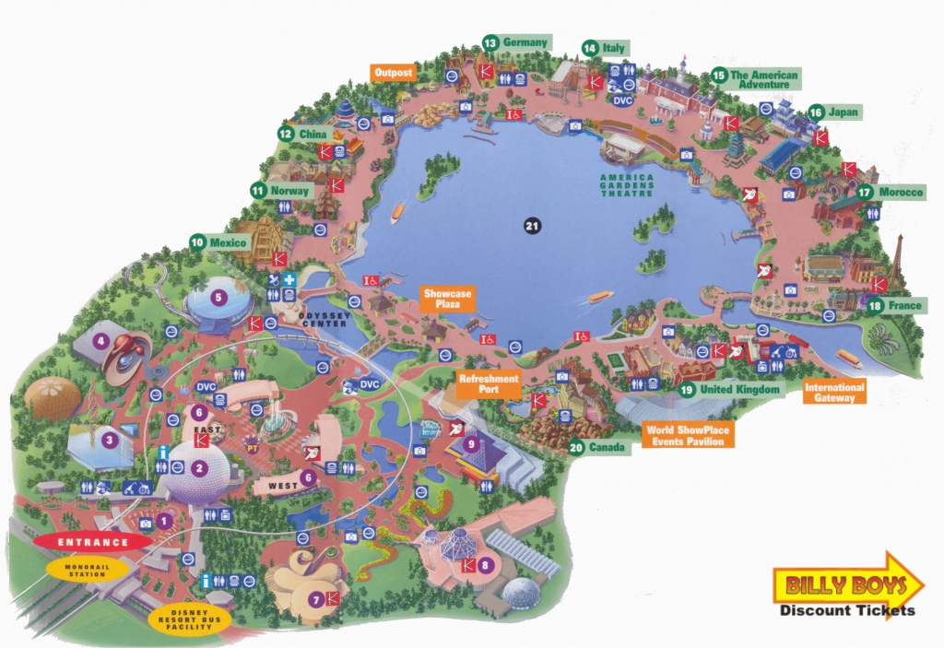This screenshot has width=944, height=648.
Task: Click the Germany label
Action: click(x=525, y=42)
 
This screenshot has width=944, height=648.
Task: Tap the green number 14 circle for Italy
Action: click(x=589, y=47)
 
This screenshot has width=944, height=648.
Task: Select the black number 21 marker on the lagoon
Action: click(x=530, y=225)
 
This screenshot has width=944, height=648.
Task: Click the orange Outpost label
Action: click(x=393, y=72)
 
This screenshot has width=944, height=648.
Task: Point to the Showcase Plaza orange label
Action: click(x=448, y=300)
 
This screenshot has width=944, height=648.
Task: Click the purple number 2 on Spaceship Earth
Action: click(x=198, y=467)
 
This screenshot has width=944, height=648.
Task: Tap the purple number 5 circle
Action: click(x=218, y=297)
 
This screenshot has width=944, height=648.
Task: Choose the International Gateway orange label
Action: click(x=834, y=394)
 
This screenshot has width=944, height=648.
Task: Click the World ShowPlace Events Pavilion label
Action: click(x=690, y=435)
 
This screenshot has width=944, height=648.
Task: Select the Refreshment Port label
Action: click(x=490, y=383)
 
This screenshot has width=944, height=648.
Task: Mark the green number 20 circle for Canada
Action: click(x=576, y=448)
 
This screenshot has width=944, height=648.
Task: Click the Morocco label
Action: click(x=901, y=192)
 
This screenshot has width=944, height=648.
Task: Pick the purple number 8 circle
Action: click(x=486, y=564)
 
